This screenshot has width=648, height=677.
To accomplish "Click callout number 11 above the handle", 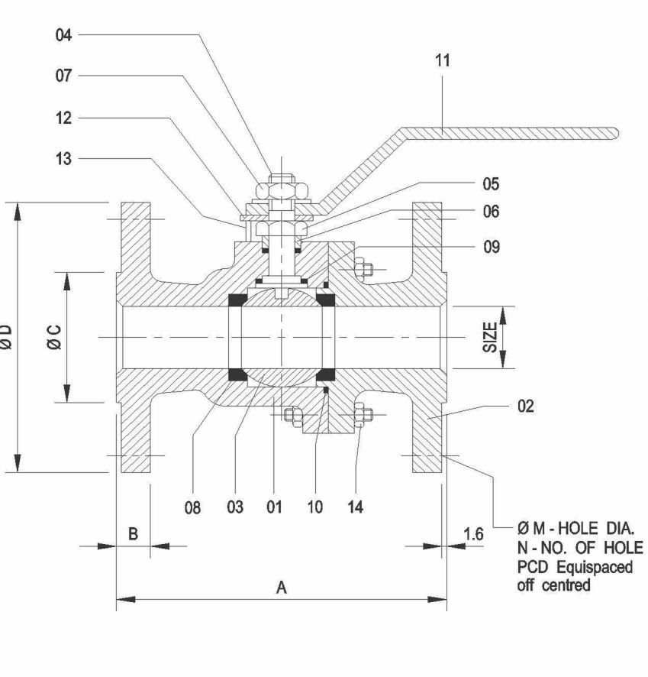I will click(x=443, y=62).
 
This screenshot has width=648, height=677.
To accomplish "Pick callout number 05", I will click(x=492, y=185).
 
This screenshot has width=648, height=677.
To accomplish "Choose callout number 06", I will click(x=492, y=212).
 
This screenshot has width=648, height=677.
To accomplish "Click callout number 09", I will click(x=492, y=247).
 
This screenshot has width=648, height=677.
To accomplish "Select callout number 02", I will click(x=526, y=406).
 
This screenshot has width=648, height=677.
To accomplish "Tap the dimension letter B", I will click(x=133, y=534).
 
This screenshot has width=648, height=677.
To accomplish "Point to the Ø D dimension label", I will click(x=8, y=337).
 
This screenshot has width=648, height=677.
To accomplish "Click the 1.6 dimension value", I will click(x=474, y=534).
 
